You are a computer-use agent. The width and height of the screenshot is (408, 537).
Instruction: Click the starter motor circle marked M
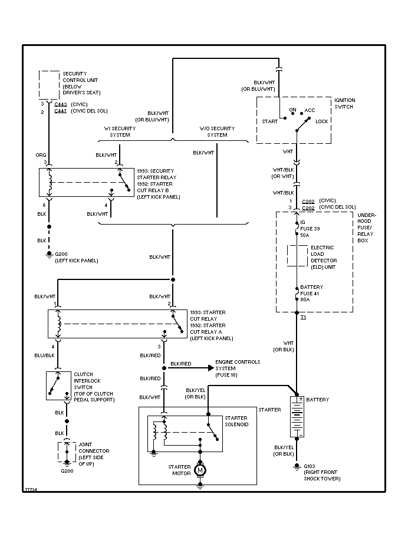click(x=200, y=470)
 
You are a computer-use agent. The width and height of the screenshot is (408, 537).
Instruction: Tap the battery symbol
click(x=297, y=416)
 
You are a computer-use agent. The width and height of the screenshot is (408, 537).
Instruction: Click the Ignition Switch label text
click(x=345, y=104)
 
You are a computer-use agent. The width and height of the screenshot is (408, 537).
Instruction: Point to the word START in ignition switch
click(x=269, y=121)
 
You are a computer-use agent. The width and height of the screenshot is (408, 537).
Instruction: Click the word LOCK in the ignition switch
click(x=322, y=121)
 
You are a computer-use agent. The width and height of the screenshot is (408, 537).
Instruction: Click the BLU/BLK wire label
click(x=44, y=355)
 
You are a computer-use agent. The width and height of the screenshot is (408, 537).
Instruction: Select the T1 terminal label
click(x=304, y=318)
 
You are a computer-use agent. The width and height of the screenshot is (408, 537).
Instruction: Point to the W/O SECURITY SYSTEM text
click(x=217, y=131)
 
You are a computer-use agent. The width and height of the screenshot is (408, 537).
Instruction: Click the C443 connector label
click(x=61, y=104)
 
